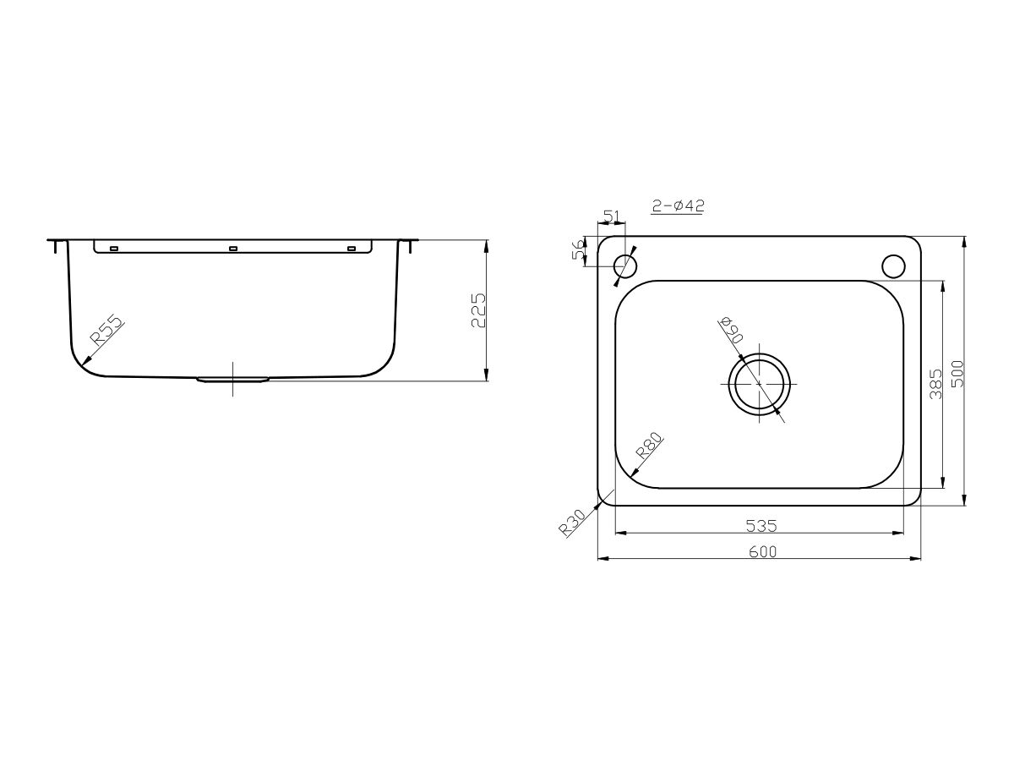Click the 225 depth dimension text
point(477,311)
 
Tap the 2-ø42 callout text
point(679,205)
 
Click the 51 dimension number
point(613,216)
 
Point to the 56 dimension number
point(579,251)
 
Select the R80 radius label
point(650,445)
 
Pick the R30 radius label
point(572,524)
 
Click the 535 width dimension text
point(760,526)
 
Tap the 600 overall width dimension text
point(760,552)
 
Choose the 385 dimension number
point(934,385)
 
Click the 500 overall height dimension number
point(957,372)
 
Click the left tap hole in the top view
point(625,266)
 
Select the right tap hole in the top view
point(893,266)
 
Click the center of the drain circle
point(760,383)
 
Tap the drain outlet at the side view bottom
point(233,380)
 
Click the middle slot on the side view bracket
point(233,249)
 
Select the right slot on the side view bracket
point(352,249)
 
